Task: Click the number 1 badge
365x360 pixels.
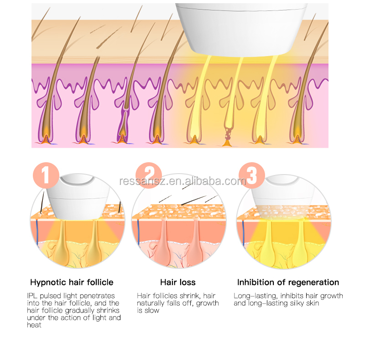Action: [46, 175]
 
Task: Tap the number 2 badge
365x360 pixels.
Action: [149, 175]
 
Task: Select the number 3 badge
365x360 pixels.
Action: [252, 175]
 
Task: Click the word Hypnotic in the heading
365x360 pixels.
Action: [45, 283]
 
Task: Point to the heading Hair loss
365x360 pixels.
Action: [178, 283]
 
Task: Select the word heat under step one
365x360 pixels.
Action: [34, 325]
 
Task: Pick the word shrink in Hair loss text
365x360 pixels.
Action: [189, 296]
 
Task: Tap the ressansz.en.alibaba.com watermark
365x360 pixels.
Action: [182, 181]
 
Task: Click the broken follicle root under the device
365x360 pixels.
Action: [227, 137]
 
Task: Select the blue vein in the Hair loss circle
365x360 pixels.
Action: [138, 231]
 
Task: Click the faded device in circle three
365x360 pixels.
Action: [283, 198]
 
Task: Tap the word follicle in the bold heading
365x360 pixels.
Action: [100, 283]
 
